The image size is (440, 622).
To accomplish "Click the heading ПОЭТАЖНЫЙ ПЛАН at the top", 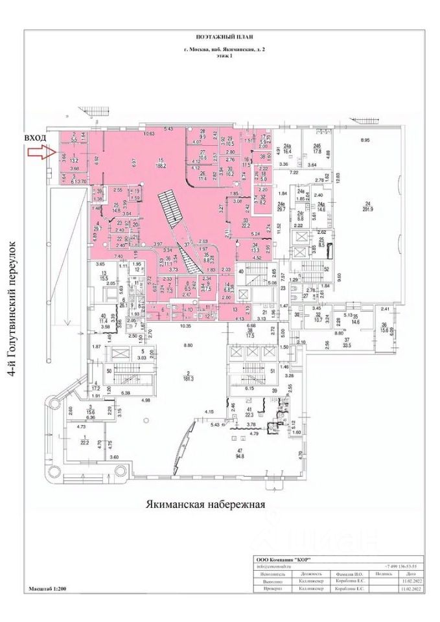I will [x=220, y=38].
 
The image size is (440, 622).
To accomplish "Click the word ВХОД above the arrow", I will [x=36, y=138].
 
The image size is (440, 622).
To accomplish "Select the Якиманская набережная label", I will [x=207, y=503].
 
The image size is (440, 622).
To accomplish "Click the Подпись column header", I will [x=380, y=574].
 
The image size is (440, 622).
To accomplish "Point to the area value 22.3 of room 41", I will [x=249, y=415].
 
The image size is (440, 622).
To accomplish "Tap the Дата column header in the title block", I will [x=408, y=574].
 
